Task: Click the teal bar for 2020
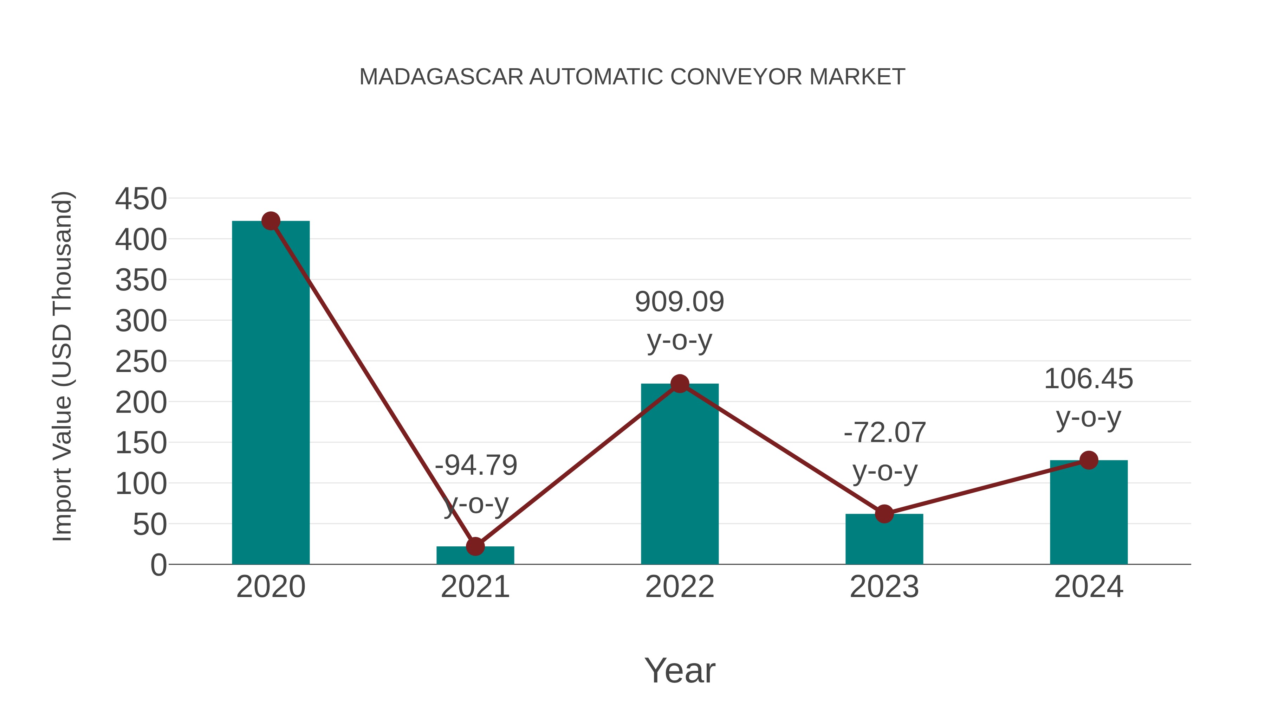click(x=271, y=393)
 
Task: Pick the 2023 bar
click(x=884, y=540)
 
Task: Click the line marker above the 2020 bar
click(x=271, y=221)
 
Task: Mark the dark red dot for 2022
click(x=680, y=383)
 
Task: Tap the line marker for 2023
click(x=884, y=514)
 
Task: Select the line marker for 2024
click(x=1088, y=460)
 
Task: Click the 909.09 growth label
click(x=680, y=302)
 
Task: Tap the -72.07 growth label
click(x=884, y=433)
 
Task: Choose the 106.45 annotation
click(x=1088, y=379)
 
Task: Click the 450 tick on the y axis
click(x=141, y=199)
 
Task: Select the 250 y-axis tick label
click(x=141, y=362)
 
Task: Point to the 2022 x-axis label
click(x=680, y=587)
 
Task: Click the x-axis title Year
click(x=680, y=671)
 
